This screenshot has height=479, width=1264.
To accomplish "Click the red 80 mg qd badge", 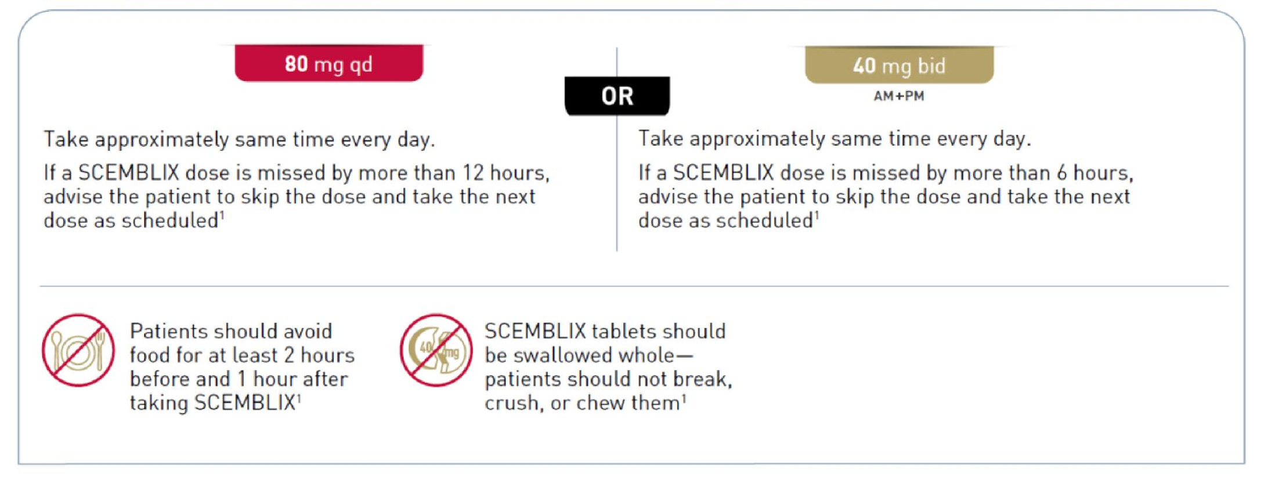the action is point(329,63).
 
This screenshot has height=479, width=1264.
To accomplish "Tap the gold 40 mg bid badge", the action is point(899,65).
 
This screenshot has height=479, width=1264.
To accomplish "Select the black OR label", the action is point(617,96).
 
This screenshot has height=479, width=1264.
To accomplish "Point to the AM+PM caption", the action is point(899,96).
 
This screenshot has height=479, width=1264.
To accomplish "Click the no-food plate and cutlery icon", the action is point(78,350).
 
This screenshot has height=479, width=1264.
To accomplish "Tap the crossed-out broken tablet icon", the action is point(436,350).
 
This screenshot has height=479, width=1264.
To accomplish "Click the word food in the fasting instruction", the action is point(151,355).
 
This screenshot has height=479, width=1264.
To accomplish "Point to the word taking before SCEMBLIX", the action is point(158,404).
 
